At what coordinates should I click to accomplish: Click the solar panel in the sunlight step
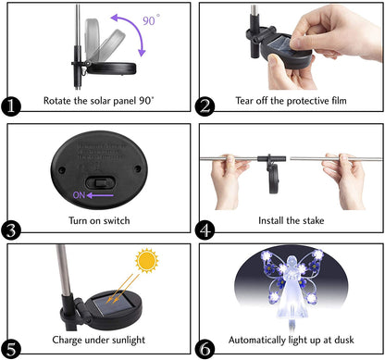(106, 304)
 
